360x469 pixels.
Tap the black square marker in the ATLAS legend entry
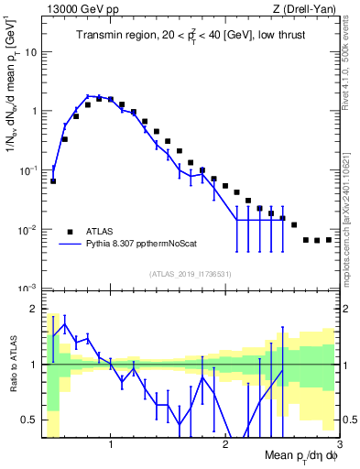pos(69,231)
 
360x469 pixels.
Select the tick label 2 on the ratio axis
pos(33,309)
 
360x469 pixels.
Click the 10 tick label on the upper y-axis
pos(30,51)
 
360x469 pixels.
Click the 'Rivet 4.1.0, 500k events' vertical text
pos(351,79)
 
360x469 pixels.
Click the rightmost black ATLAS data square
pos(328,239)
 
